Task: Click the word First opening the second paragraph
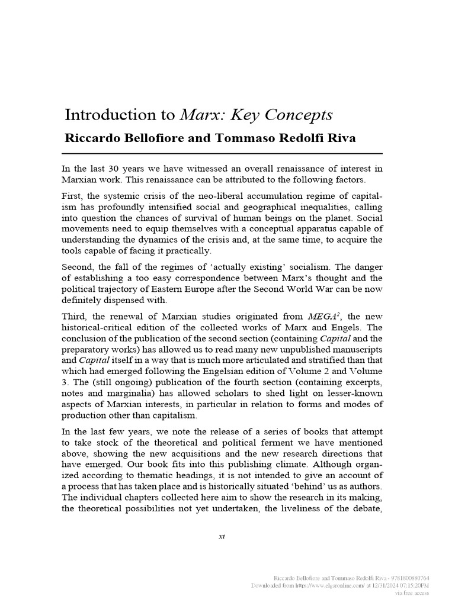click(x=73, y=195)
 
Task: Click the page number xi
click(x=222, y=536)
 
